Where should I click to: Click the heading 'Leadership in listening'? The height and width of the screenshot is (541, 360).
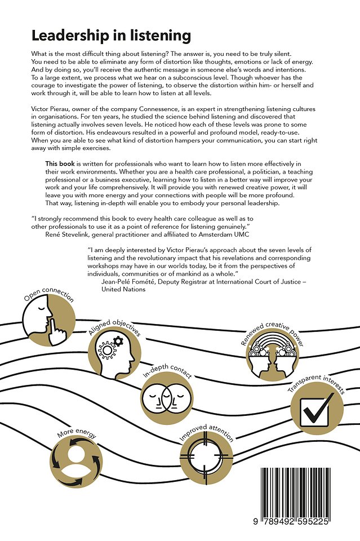pos(111,36)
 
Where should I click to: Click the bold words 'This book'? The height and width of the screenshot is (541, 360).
pos(60,163)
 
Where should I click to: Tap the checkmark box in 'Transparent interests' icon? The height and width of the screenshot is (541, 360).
pos(318,410)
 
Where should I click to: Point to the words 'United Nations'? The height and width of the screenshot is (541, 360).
pos(123,289)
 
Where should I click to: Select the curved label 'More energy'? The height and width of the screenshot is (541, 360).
pos(77,434)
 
